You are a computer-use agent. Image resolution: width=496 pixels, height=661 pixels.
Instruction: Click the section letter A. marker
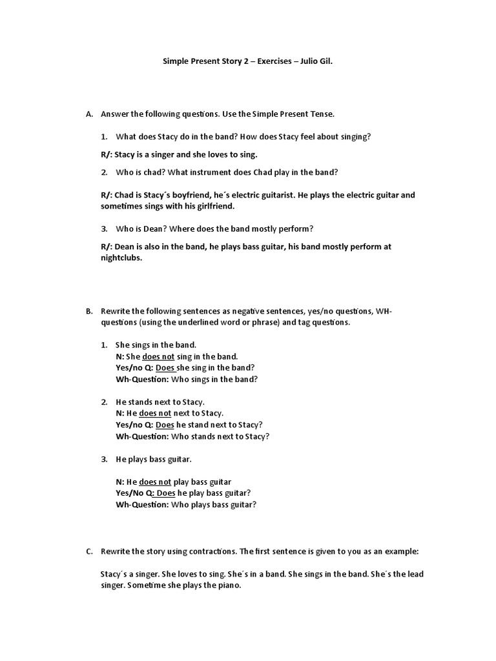pos(89,114)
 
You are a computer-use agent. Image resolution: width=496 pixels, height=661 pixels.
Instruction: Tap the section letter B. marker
pos(89,311)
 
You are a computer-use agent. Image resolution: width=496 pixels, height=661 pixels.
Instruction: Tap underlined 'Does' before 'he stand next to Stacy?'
pos(165,425)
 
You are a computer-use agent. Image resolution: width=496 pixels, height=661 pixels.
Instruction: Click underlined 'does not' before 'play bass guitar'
pos(155,482)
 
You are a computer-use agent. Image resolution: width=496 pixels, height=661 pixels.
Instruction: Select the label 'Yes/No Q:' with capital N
pos(134,493)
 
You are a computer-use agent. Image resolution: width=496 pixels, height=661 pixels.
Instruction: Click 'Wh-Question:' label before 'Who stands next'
pos(142,436)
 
